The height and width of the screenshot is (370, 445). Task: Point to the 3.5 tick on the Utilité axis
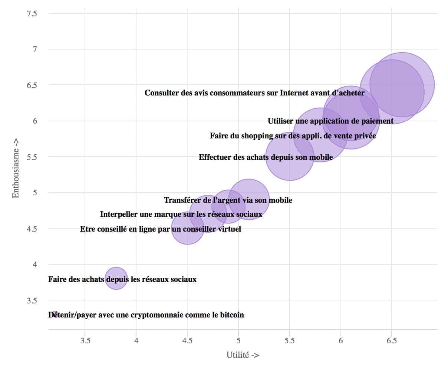pos(85,340)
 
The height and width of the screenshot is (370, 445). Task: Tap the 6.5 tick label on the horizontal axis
pos(391,340)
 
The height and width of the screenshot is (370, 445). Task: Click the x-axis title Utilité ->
pos(243,355)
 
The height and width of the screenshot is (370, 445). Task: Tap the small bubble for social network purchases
pos(116,278)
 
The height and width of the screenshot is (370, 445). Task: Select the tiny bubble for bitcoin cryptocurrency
pos(55,313)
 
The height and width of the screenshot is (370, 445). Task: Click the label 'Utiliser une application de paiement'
pos(330,121)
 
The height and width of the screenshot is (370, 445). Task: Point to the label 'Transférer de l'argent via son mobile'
pos(228,200)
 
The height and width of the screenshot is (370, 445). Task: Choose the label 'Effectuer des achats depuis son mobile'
pos(266,157)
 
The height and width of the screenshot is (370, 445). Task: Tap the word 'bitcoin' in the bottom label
pos(232,315)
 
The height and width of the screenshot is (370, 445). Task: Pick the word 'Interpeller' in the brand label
pos(118,214)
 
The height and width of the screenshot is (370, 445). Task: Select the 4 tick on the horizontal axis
pos(136,340)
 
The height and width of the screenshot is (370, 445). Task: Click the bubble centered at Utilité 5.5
pos(289,157)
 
